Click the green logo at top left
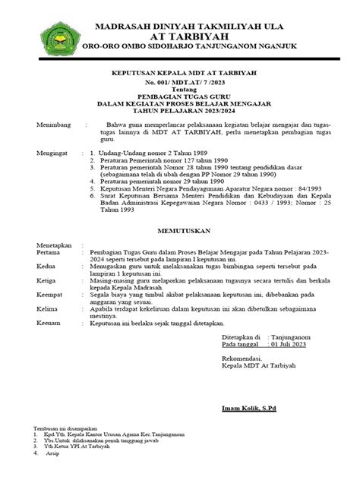[53, 39]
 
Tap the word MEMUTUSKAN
[180, 226]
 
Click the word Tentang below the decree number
[179, 88]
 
